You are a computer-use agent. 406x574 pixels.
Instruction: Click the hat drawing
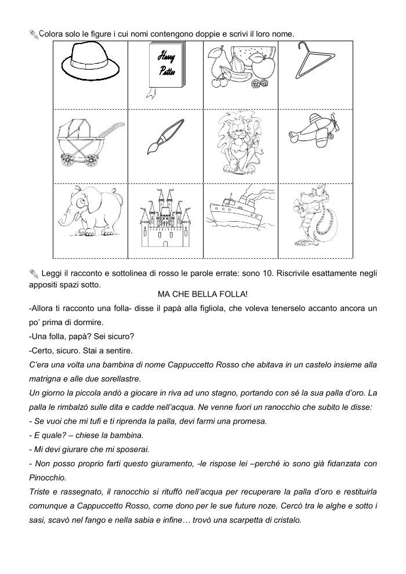click(x=90, y=63)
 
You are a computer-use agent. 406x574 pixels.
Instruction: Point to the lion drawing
click(x=239, y=142)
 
